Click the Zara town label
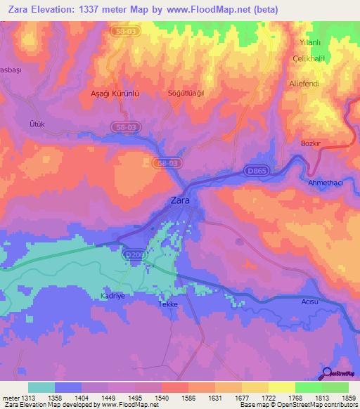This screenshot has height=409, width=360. [181, 200]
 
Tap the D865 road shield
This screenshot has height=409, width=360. [256, 170]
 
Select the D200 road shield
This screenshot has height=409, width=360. [132, 254]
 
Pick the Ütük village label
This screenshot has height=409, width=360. [37, 124]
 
